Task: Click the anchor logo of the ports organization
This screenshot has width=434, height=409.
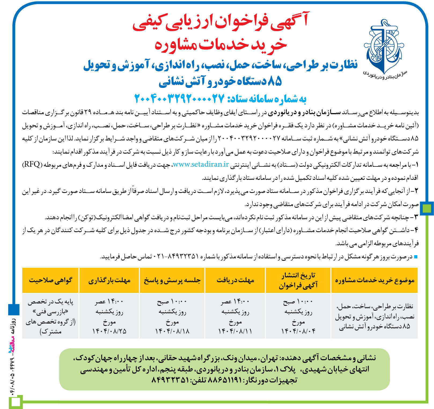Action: click(x=384, y=47)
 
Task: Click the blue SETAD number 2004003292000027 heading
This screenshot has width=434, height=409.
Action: click(x=179, y=99)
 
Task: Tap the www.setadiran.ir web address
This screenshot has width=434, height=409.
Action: click(x=201, y=164)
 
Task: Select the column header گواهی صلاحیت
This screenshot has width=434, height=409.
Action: click(x=50, y=280)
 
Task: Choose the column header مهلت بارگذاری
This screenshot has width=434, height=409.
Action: click(x=109, y=280)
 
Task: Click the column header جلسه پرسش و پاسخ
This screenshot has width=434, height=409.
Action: click(x=172, y=280)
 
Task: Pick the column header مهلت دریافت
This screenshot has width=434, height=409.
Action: click(x=235, y=280)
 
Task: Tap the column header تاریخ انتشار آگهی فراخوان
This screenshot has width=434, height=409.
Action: click(x=298, y=280)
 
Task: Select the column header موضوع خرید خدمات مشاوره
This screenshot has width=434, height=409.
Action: click(x=374, y=280)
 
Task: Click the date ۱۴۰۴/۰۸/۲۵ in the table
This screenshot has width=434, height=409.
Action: click(x=109, y=331)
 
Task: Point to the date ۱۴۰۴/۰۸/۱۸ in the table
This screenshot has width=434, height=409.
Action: click(x=172, y=331)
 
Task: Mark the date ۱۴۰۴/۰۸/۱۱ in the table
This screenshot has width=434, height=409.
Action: click(x=235, y=331)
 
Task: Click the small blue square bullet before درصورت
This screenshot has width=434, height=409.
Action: click(x=416, y=257)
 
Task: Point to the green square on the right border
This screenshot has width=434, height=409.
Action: click(x=426, y=208)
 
